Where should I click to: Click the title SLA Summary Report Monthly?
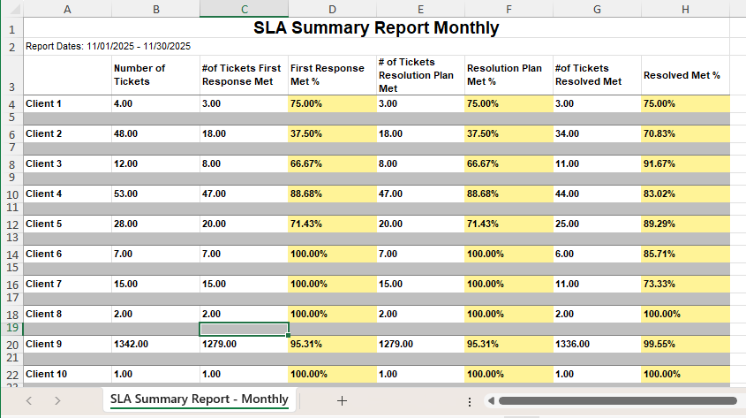coord(376,27)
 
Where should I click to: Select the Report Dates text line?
coord(109,46)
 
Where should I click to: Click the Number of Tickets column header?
coord(139,75)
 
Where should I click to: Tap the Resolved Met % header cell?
coord(682,75)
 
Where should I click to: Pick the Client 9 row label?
coord(44,344)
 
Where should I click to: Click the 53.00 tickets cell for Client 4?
coord(125,194)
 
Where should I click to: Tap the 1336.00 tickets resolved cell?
coord(573,344)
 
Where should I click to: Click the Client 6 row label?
coord(44,254)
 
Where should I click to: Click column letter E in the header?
coord(420,9)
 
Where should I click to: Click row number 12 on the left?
coord(11,224)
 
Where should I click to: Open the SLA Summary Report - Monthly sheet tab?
coord(200,399)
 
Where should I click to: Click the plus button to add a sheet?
coord(343,400)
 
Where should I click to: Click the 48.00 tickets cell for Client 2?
coord(125,133)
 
